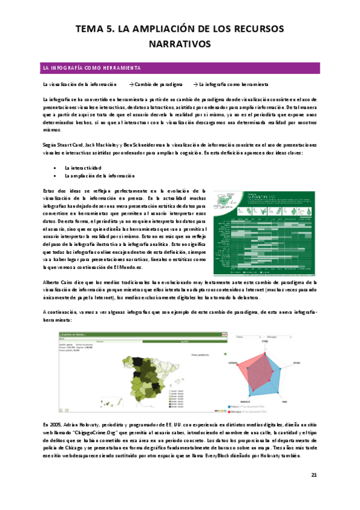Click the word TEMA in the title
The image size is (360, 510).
point(93,28)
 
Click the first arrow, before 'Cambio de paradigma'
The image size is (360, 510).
point(132,84)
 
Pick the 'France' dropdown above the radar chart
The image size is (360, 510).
point(247,337)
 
